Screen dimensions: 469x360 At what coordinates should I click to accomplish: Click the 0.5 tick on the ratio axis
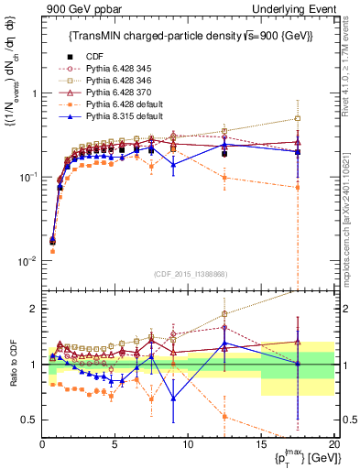tap(30, 420)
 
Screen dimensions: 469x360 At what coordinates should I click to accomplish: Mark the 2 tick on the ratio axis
tap(35, 309)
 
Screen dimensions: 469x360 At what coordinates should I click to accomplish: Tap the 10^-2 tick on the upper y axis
tap(28, 260)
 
